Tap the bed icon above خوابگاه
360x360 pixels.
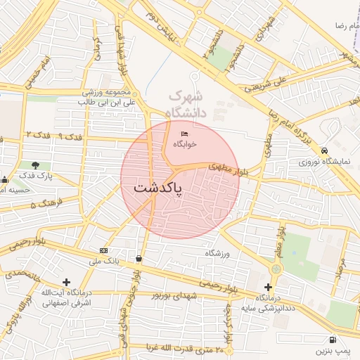pos(185,134)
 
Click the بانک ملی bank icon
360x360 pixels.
pos(104,250)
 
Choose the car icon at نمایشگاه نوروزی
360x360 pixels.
pos(324,151)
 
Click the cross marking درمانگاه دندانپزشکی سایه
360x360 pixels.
pos(268,287)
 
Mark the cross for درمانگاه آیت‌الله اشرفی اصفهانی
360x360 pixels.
pos(66,282)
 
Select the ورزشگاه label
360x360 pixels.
pos(218,252)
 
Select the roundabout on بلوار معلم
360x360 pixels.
pos(276,269)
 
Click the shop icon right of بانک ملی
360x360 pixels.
pos(139,259)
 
